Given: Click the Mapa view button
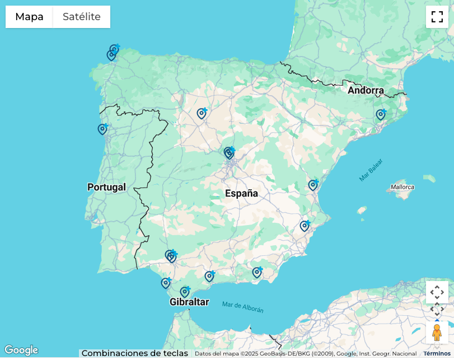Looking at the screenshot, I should tap(29, 17).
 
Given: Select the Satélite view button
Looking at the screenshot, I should tap(82, 17).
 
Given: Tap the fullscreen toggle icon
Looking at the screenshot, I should tap(437, 17).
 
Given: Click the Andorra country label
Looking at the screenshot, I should tap(366, 90).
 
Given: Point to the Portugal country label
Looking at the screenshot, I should tap(106, 187).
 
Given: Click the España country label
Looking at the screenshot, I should tap(241, 193).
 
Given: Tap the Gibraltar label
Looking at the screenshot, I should tap(189, 302).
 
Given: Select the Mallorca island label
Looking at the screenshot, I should tap(402, 187).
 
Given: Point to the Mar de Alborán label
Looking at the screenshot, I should tap(242, 307).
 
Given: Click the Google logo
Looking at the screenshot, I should tap(21, 350).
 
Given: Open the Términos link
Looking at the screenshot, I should tap(437, 353).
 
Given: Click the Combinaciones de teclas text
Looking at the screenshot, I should tap(134, 353).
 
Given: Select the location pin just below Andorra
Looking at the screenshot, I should tap(381, 115).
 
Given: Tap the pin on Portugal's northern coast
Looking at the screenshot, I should tap(102, 129).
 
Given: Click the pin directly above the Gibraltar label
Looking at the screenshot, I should tap(185, 292).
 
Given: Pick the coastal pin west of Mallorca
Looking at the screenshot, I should tap(313, 185).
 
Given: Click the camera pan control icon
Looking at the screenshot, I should tap(437, 292).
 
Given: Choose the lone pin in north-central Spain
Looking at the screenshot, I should tap(202, 114).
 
